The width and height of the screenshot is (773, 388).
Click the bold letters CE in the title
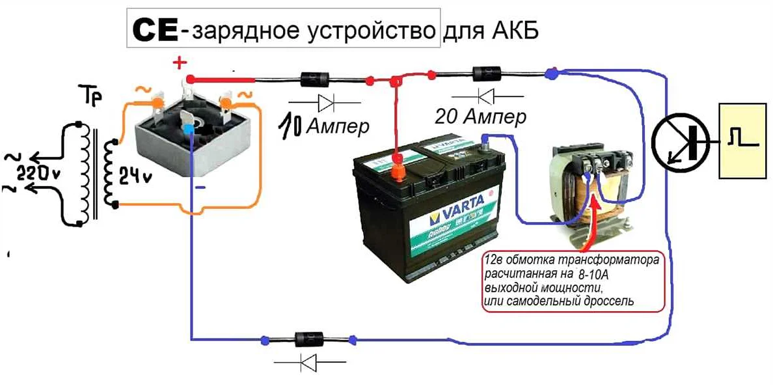click(x=155, y=30)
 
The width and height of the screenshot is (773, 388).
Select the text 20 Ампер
click(x=480, y=117)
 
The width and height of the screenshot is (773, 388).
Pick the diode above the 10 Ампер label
click(x=317, y=80)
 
